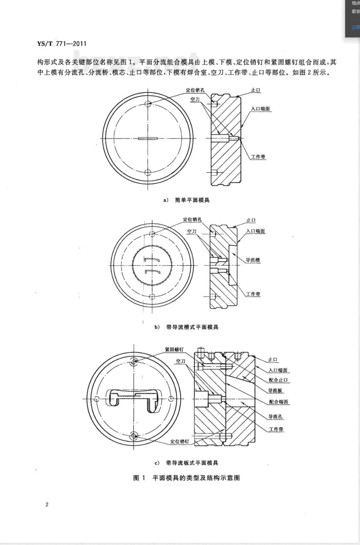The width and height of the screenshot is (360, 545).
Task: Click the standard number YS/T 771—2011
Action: [x=62, y=44]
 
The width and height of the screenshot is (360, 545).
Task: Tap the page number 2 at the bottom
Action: [x=47, y=504]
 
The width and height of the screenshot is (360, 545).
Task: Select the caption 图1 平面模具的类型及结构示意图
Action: [x=186, y=478]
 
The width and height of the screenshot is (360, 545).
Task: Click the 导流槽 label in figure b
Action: [x=253, y=260]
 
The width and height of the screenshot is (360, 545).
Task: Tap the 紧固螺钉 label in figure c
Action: [x=174, y=349]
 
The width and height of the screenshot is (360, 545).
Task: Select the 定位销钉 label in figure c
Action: [x=179, y=441]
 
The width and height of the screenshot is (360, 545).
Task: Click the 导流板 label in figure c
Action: [x=276, y=390]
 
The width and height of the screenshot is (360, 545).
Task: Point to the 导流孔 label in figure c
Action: [x=275, y=417]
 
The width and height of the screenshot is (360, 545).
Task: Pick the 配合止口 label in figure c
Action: [x=278, y=380]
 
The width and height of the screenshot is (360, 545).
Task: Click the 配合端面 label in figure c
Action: [x=278, y=402]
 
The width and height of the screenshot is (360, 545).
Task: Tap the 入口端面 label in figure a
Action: [x=260, y=108]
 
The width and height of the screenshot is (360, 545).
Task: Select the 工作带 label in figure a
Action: [x=258, y=157]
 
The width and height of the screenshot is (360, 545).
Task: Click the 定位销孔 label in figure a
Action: [x=195, y=90]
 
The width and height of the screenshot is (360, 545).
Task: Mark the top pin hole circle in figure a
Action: [x=148, y=104]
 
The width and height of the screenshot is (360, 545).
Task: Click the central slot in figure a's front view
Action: [x=148, y=138]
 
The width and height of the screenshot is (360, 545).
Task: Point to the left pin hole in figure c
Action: [x=96, y=398]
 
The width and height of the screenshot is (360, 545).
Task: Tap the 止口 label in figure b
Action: [x=251, y=220]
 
